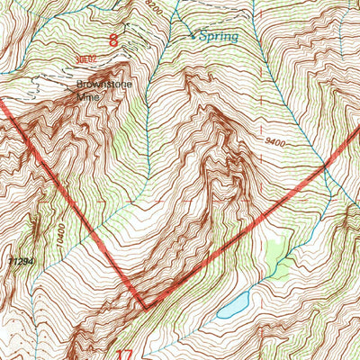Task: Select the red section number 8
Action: [x=113, y=40]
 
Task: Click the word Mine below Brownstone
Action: [x=86, y=99]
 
